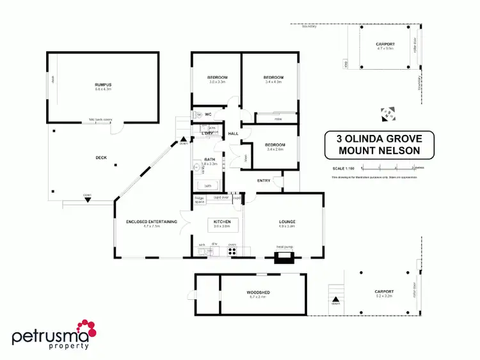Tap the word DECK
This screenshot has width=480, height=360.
(101, 157)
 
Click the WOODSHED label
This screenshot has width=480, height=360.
(258, 292)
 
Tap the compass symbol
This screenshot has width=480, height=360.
(387, 114)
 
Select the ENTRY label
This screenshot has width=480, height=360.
(264, 180)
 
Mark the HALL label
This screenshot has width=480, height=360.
(234, 134)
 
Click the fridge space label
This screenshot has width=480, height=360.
(200, 200)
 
